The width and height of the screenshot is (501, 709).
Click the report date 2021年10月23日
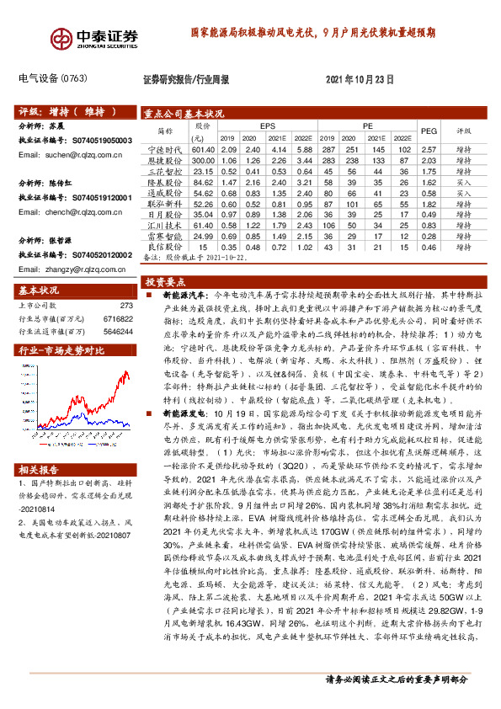(360, 79)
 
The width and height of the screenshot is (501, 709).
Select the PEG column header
(428, 131)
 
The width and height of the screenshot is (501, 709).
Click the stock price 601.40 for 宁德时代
(203, 148)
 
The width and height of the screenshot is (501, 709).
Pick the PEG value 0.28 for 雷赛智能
(428, 237)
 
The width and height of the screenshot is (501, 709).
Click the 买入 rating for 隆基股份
(463, 181)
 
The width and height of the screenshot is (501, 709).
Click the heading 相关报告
(39, 469)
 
